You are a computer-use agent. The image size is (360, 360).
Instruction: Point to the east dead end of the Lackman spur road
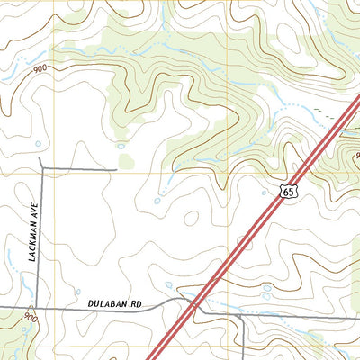117,168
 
